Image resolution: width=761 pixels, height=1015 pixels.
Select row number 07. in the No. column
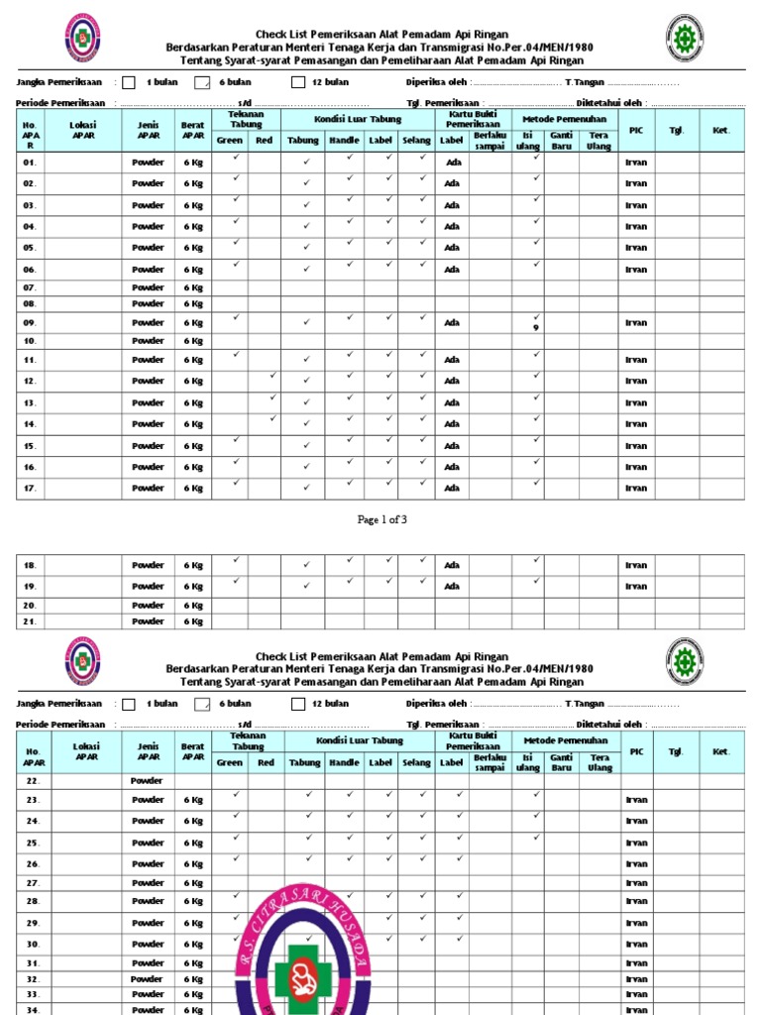click(x=30, y=287)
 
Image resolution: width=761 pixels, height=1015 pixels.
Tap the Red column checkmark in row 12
click(x=272, y=376)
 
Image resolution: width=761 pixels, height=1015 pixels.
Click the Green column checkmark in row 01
click(x=236, y=157)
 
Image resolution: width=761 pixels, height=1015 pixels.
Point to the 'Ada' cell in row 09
click(x=452, y=323)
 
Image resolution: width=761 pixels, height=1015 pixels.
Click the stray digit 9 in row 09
click(x=536, y=328)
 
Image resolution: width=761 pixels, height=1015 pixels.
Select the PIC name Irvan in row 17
click(x=635, y=489)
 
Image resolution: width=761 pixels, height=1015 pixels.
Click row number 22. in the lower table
click(x=33, y=781)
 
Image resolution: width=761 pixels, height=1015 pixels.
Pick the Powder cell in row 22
click(x=148, y=781)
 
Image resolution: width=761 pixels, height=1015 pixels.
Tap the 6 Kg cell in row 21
click(x=192, y=621)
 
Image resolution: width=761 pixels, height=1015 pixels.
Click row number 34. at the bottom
click(x=33, y=1009)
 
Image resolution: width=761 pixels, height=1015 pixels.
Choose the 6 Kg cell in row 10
click(x=192, y=341)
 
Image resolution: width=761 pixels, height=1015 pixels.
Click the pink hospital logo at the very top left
click(x=82, y=37)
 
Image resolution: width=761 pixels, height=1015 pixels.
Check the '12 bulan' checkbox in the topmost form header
click(x=298, y=82)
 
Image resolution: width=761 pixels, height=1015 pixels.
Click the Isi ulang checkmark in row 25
click(x=536, y=838)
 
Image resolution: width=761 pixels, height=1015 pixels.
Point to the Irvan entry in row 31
click(x=635, y=963)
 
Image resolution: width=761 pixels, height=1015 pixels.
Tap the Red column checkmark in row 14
click(x=272, y=418)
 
